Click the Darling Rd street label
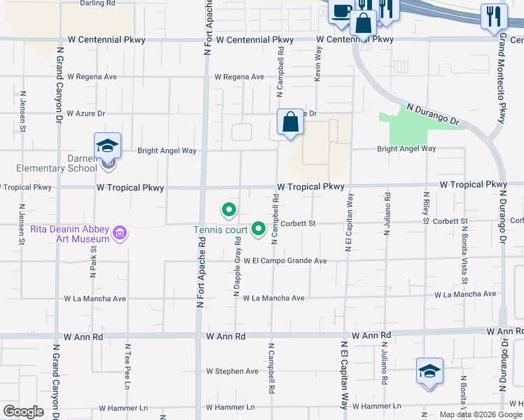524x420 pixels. (x=97, y=3)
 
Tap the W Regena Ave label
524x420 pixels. (x=239, y=77)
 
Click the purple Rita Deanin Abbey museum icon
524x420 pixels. (x=120, y=233)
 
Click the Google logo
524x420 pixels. (x=24, y=412)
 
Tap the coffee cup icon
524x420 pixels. (x=341, y=11)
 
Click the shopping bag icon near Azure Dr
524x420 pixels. (x=290, y=122)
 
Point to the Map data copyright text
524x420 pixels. (x=480, y=414)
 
